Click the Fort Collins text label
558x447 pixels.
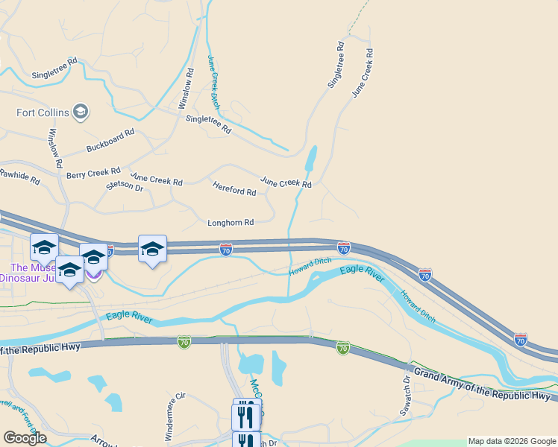43,113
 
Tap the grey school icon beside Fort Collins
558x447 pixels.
81,112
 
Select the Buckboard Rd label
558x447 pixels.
110,140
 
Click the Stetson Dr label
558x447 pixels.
125,186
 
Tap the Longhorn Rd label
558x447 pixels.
231,222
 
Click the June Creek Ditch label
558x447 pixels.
213,82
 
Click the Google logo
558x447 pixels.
25,438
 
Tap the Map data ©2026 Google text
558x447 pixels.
512,441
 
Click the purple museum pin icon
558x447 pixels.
93,274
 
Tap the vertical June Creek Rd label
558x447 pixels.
362,73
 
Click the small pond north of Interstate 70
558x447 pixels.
310,159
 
